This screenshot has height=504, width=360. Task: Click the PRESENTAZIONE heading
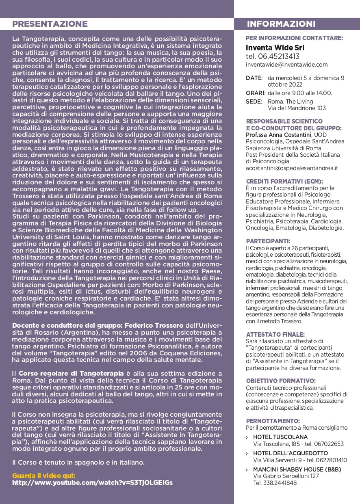click(x=50, y=24)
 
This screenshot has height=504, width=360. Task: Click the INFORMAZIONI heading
click(x=281, y=24)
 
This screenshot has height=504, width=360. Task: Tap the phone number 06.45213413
click(x=273, y=56)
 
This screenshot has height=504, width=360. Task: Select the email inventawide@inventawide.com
click(x=286, y=65)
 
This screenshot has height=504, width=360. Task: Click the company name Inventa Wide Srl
click(x=275, y=48)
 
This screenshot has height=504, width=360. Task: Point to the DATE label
click(x=254, y=78)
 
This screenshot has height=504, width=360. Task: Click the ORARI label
click(x=255, y=93)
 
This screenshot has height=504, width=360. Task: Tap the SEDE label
click(x=254, y=102)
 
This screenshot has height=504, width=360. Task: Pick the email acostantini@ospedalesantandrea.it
click(x=292, y=168)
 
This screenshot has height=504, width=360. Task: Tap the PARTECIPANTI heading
click(x=268, y=241)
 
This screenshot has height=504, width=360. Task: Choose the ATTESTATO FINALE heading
click(x=275, y=334)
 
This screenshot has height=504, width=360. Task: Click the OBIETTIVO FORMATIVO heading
click(x=281, y=381)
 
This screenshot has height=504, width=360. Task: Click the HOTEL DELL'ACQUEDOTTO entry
click(x=290, y=453)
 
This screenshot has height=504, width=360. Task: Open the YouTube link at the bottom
click(x=92, y=483)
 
